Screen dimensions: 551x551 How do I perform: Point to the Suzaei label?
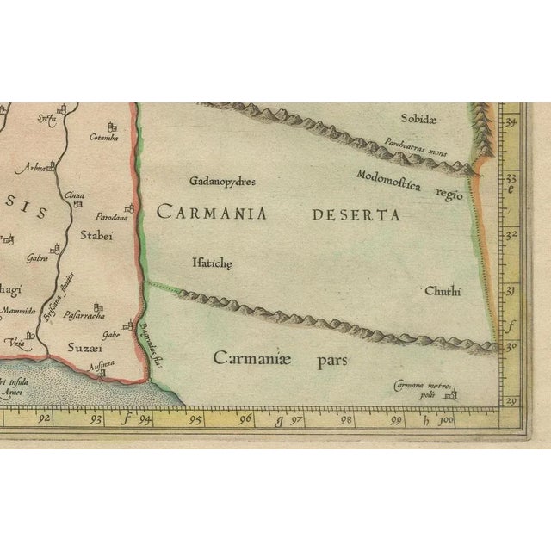click(85, 348)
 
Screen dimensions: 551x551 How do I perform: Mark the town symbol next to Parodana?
click(130, 207)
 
